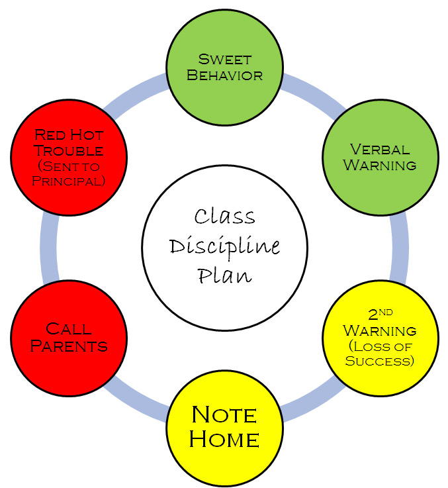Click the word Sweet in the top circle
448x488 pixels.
click(224, 59)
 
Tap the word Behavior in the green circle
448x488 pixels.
click(224, 74)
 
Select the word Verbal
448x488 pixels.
click(381, 149)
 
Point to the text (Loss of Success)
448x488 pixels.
click(380, 354)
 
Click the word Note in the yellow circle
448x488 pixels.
click(224, 415)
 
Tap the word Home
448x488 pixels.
click(224, 438)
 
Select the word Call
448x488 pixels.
click(69, 328)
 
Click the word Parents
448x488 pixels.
click(69, 345)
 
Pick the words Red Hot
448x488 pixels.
click(69, 134)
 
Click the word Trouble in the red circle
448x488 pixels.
click(69, 151)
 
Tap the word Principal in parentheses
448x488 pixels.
click(69, 181)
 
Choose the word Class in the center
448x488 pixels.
click(224, 217)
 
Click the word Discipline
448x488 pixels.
click(224, 246)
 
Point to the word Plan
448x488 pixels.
click(224, 274)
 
